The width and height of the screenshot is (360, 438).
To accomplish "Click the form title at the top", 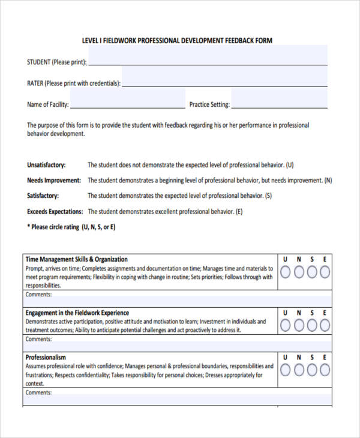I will (177, 41).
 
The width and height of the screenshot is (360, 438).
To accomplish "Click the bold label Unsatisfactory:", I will (46, 165).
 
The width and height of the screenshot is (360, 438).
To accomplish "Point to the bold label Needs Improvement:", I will (53, 181).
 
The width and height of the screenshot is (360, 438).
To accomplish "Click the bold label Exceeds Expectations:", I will (55, 212).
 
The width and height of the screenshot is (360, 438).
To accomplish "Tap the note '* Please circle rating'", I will (71, 227).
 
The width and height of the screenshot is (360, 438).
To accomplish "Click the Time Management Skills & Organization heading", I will (76, 260).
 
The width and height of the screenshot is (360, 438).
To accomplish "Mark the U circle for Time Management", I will (285, 272).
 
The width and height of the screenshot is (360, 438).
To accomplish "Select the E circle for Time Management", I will (325, 272).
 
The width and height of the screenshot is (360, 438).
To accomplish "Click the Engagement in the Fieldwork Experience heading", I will (77, 313).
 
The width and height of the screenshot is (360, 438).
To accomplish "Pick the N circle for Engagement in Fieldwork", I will (298, 326).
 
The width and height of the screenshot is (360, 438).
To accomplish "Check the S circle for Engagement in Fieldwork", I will (311, 326).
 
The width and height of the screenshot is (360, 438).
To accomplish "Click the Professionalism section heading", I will (46, 358).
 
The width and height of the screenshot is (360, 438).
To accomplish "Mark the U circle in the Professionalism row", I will (285, 370).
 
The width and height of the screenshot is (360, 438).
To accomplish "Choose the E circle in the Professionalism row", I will (325, 370).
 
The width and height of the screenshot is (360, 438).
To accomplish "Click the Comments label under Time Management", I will (38, 295).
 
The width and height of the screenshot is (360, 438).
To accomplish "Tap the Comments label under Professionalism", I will (38, 392).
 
